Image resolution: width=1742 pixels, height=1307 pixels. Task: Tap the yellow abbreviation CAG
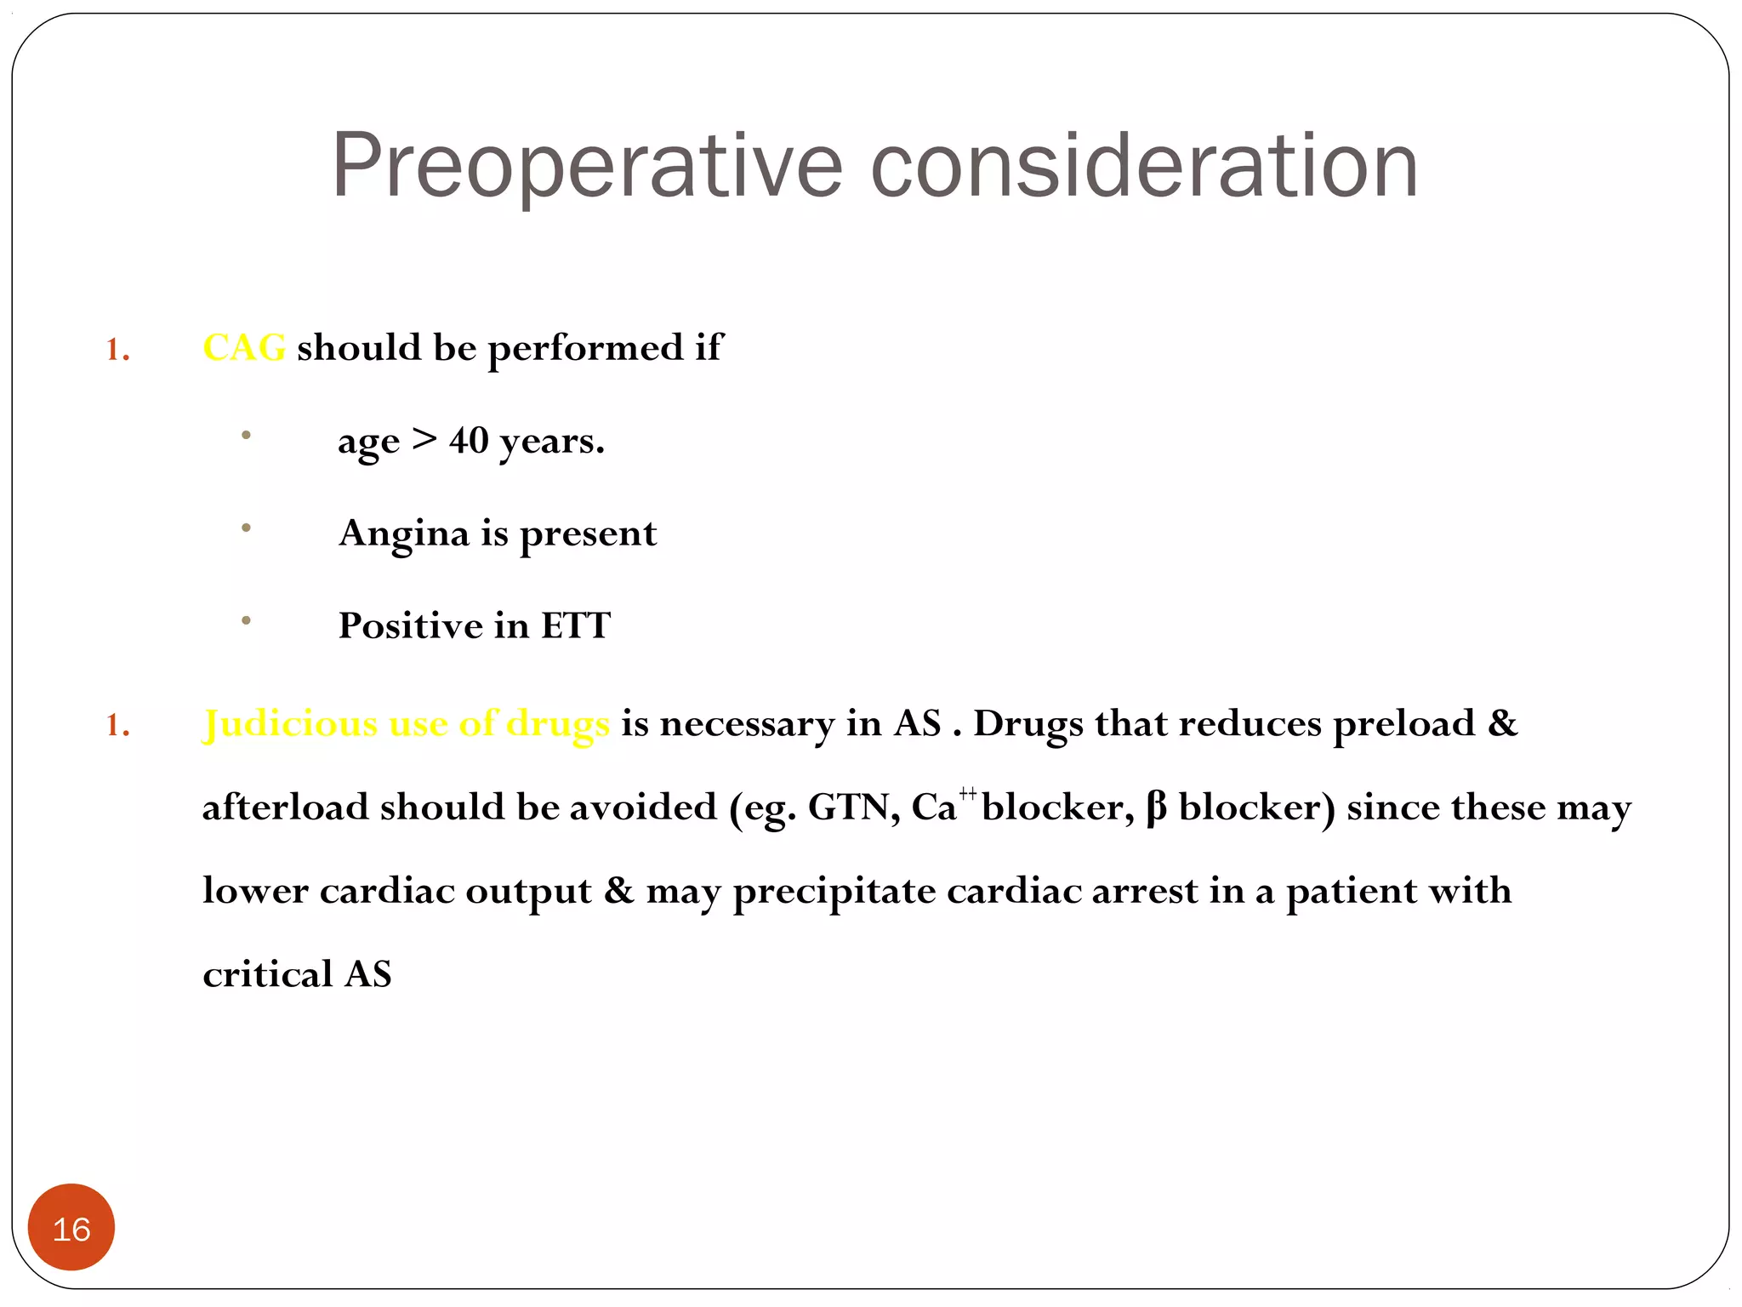[x=244, y=348]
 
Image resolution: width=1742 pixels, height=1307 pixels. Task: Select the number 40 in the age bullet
[x=469, y=441]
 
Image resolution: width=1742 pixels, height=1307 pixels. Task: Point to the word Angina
[x=404, y=534]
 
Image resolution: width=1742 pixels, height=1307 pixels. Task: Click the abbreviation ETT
[x=576, y=626]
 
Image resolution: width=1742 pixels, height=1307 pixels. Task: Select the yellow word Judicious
[x=289, y=724]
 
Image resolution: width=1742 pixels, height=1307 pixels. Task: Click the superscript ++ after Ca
[x=968, y=794]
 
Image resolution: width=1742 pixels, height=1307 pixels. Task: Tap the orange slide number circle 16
[x=71, y=1228]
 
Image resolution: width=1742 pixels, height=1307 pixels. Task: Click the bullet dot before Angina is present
[x=246, y=528]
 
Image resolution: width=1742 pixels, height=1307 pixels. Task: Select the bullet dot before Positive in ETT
[x=246, y=621]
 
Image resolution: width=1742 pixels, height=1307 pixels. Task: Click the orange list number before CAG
[x=117, y=350]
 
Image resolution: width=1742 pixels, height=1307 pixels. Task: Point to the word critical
[x=267, y=975]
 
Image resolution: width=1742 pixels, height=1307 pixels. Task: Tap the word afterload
[x=285, y=808]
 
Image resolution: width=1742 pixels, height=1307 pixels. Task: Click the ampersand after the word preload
[x=1502, y=724]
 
